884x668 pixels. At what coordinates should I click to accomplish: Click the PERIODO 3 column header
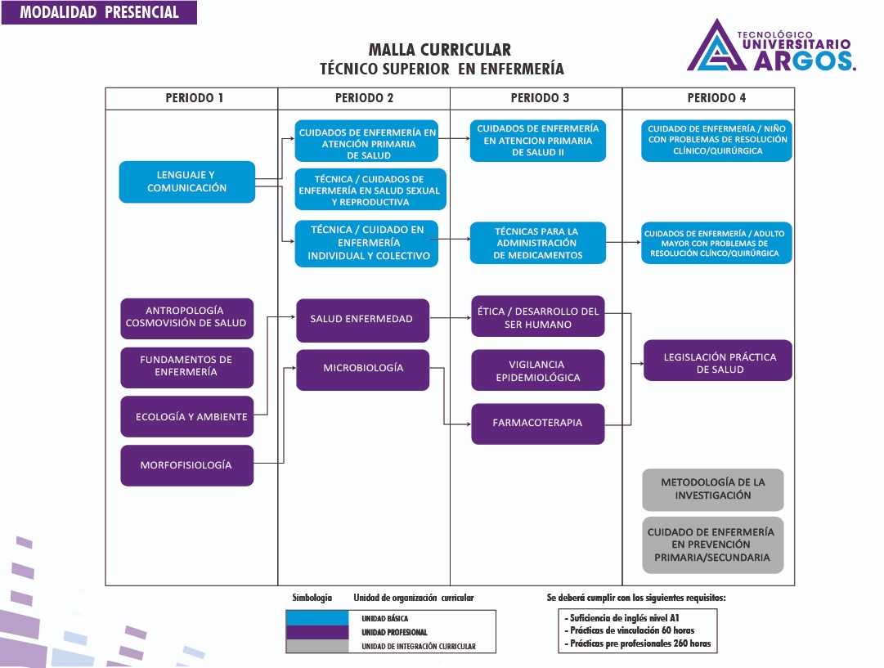tap(540, 98)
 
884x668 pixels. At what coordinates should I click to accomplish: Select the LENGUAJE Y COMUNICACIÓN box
tap(187, 182)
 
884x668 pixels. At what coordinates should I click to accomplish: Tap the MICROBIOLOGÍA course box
tap(363, 369)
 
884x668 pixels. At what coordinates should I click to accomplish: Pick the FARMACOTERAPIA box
tap(537, 424)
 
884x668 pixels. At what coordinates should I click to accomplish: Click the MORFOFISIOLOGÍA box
tap(186, 465)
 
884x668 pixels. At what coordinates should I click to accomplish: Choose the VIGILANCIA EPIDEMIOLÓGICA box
tap(537, 370)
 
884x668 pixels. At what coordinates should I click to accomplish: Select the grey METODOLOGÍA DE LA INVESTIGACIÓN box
tap(713, 489)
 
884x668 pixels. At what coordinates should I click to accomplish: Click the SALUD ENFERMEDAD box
tap(361, 319)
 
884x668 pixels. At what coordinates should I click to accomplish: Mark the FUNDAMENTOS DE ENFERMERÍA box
tap(186, 366)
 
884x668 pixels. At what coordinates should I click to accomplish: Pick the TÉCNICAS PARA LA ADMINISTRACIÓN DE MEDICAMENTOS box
tap(537, 244)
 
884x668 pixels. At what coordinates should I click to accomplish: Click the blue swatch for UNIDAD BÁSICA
tap(323, 619)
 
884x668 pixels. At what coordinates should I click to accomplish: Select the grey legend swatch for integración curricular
tap(323, 647)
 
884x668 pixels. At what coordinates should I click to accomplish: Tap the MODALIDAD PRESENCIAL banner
tap(99, 12)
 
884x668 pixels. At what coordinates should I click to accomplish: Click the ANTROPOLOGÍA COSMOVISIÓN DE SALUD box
tap(186, 316)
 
